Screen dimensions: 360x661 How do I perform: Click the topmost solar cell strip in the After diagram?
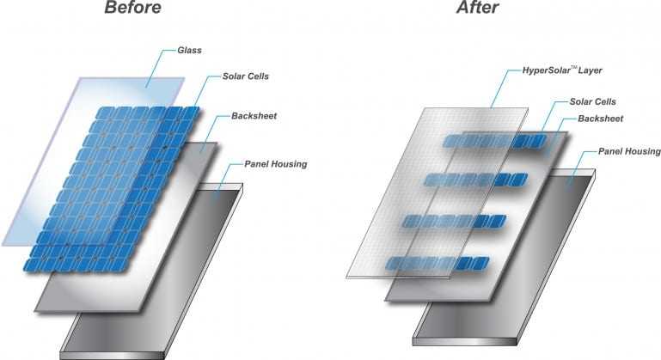[x=495, y=141]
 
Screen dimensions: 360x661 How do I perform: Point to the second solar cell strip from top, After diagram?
[x=475, y=180]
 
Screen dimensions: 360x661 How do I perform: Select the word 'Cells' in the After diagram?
[x=609, y=101]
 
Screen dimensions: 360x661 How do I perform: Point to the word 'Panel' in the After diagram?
[x=597, y=152]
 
